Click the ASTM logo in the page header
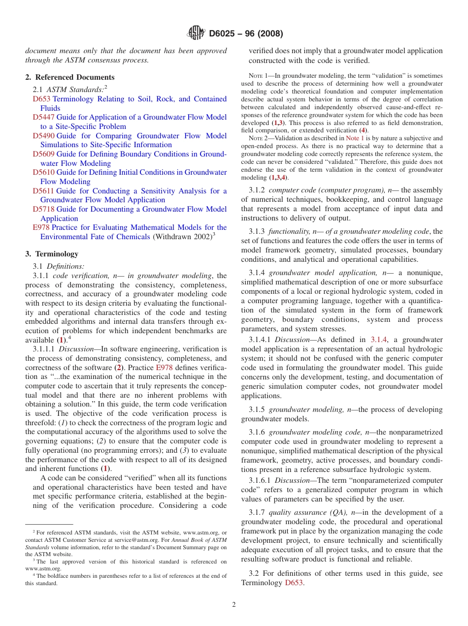(x=196, y=33)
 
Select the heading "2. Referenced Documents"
(x=70, y=77)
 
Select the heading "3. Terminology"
(x=52, y=254)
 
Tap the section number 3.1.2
(x=257, y=190)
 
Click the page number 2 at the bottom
(x=234, y=605)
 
